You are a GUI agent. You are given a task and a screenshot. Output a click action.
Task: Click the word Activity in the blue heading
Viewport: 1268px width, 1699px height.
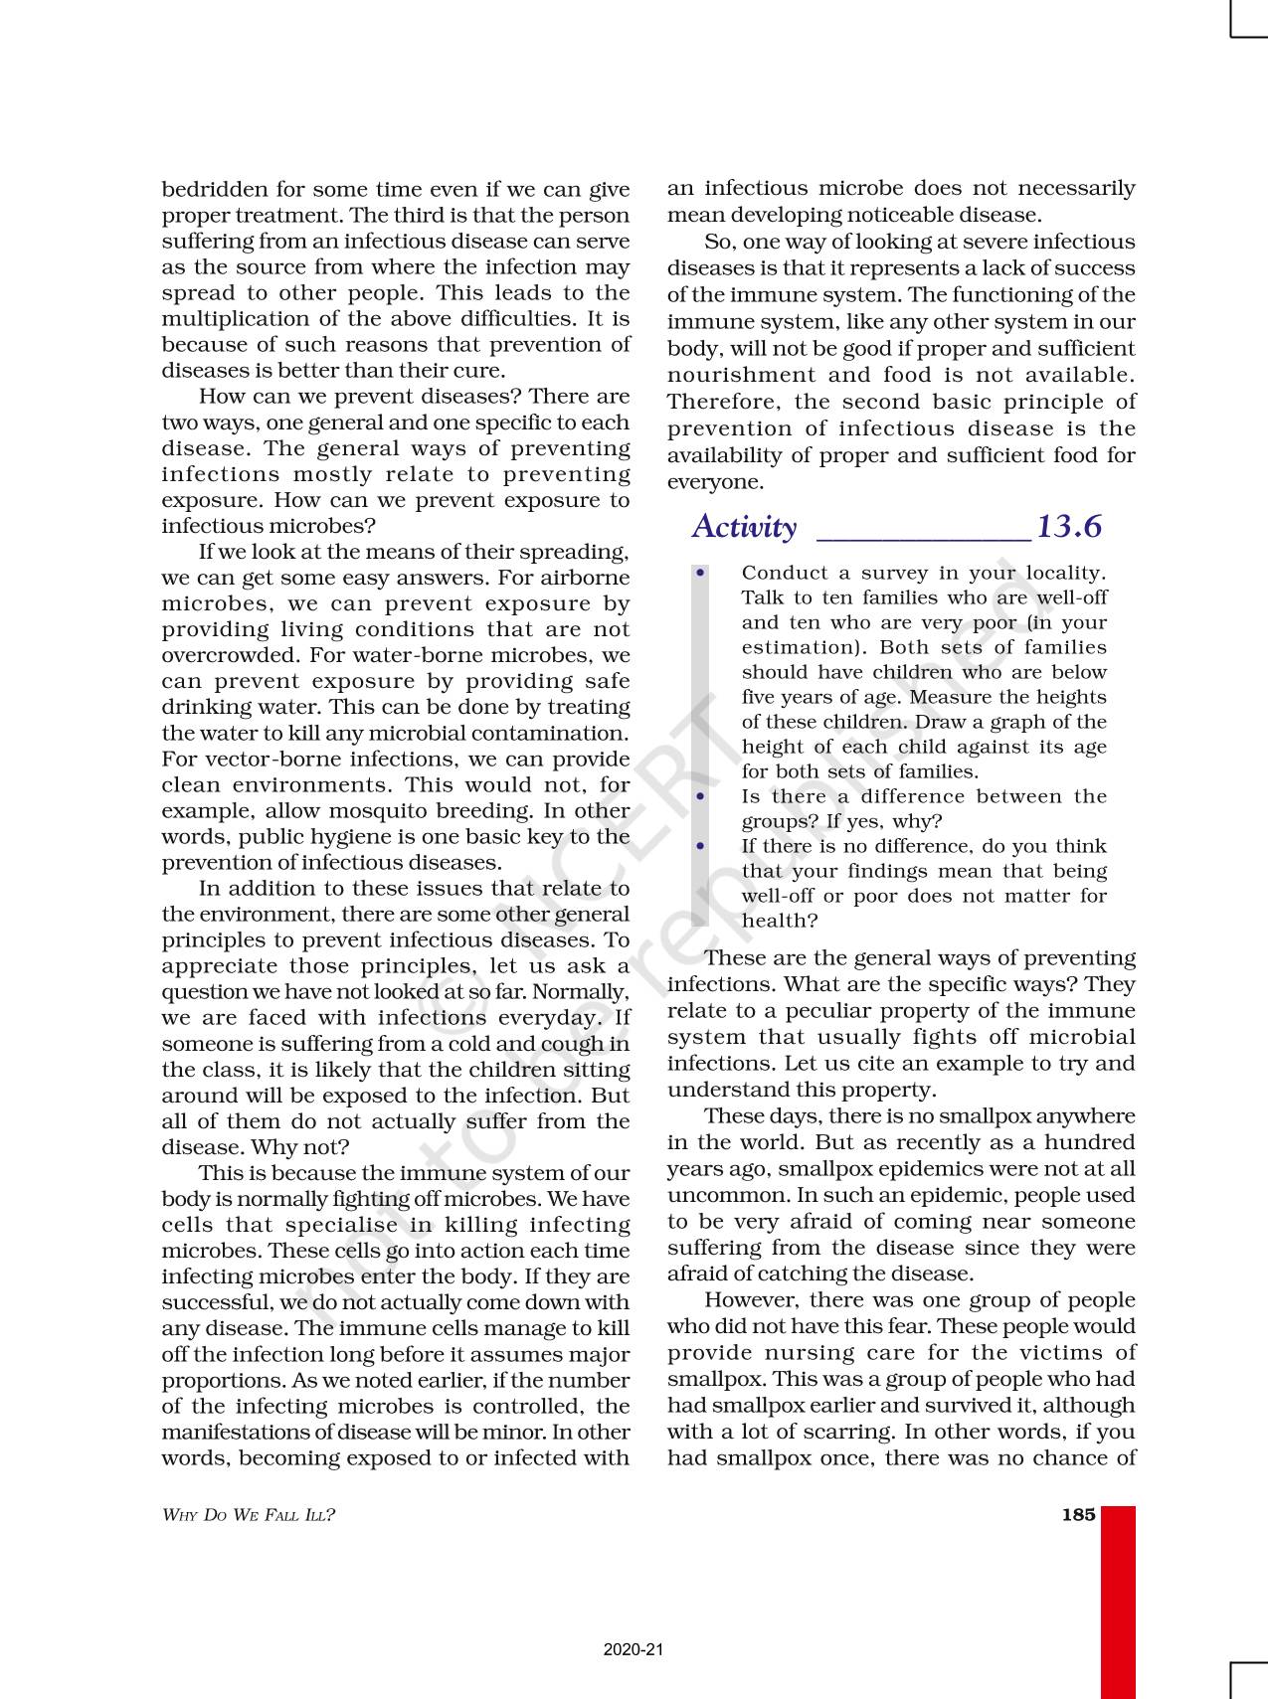744,527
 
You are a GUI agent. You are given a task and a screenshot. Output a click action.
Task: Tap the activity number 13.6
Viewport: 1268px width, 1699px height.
1069,526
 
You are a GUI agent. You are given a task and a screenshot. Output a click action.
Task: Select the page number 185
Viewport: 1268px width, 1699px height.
1078,1515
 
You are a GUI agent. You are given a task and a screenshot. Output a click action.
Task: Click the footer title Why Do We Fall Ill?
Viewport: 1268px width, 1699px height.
249,1515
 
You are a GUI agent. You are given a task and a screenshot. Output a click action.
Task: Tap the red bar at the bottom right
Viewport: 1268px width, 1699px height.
1118,1601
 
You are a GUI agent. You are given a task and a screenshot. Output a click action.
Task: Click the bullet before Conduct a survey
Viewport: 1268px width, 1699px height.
701,573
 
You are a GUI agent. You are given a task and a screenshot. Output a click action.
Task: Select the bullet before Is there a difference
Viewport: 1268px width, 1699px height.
701,796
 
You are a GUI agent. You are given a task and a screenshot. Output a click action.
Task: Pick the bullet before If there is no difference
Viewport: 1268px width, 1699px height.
701,846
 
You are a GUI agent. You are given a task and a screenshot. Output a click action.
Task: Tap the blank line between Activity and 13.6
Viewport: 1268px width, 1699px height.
922,537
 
